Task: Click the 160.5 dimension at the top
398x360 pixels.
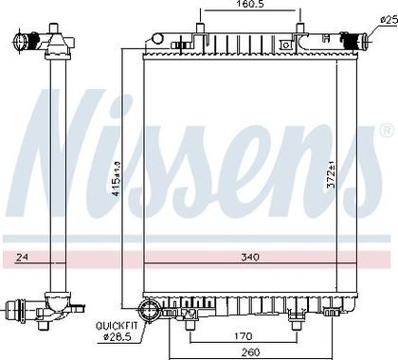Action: [x=249, y=5]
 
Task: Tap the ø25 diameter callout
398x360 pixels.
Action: [x=389, y=20]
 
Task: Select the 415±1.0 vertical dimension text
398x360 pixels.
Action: [x=117, y=179]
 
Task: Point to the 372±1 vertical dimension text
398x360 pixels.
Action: [x=332, y=174]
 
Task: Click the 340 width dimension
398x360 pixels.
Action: [x=250, y=257]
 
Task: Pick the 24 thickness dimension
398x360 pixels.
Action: [x=22, y=258]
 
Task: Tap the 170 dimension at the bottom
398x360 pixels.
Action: [x=244, y=336]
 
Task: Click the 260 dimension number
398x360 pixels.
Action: [x=250, y=351]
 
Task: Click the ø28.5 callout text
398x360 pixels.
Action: [x=117, y=337]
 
